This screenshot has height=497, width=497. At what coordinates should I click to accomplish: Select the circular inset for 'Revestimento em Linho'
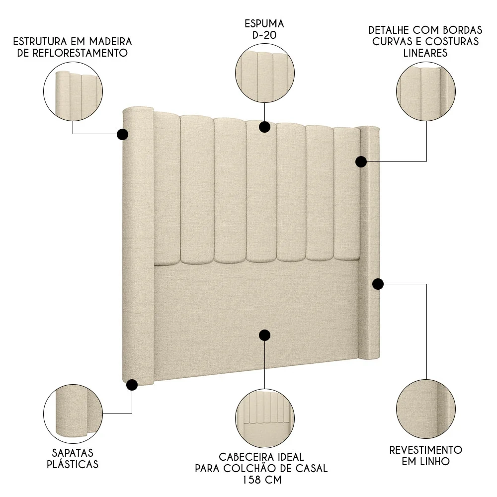[x=426, y=408]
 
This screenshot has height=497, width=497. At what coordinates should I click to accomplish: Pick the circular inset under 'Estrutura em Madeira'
[x=73, y=92]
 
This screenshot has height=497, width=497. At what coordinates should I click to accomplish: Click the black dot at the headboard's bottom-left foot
[x=132, y=385]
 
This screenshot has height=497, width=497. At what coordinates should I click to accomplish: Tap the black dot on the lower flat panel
[x=264, y=335]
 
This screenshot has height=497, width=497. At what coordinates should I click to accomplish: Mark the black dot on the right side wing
[x=378, y=284]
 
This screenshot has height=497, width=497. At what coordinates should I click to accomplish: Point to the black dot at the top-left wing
[x=122, y=134]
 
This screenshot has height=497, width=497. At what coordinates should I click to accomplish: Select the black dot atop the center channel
[x=264, y=127]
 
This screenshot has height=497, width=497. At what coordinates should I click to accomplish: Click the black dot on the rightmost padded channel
[x=361, y=162]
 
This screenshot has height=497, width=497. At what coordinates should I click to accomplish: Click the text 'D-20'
[x=264, y=35]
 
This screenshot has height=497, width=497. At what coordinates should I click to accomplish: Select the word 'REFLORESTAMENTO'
[x=73, y=53]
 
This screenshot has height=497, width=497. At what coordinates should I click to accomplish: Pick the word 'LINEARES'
[x=426, y=53]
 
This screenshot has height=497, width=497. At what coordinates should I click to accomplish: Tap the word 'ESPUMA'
[x=264, y=23]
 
